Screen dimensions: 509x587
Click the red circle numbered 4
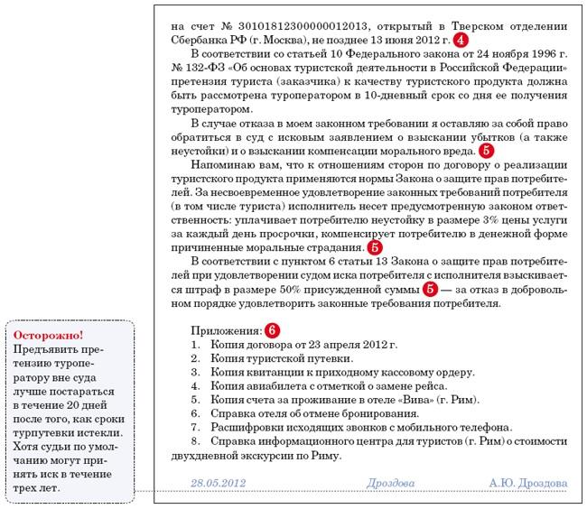pyautogui.click(x=461, y=42)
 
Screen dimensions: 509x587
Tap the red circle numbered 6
pyautogui.click(x=272, y=331)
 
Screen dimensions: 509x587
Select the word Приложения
pyautogui.click(x=226, y=331)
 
